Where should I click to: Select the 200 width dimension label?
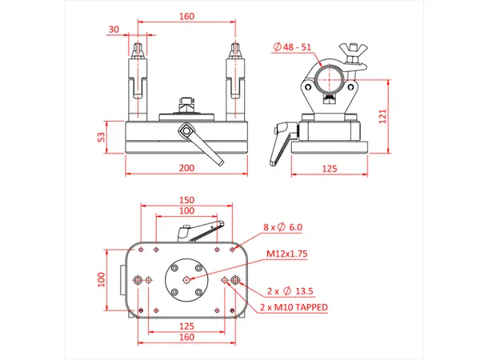[186, 168]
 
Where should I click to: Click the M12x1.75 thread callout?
[287, 254]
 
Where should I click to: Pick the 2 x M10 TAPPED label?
[294, 306]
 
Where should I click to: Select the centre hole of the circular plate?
[186, 280]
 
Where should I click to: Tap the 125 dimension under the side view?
[328, 168]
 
